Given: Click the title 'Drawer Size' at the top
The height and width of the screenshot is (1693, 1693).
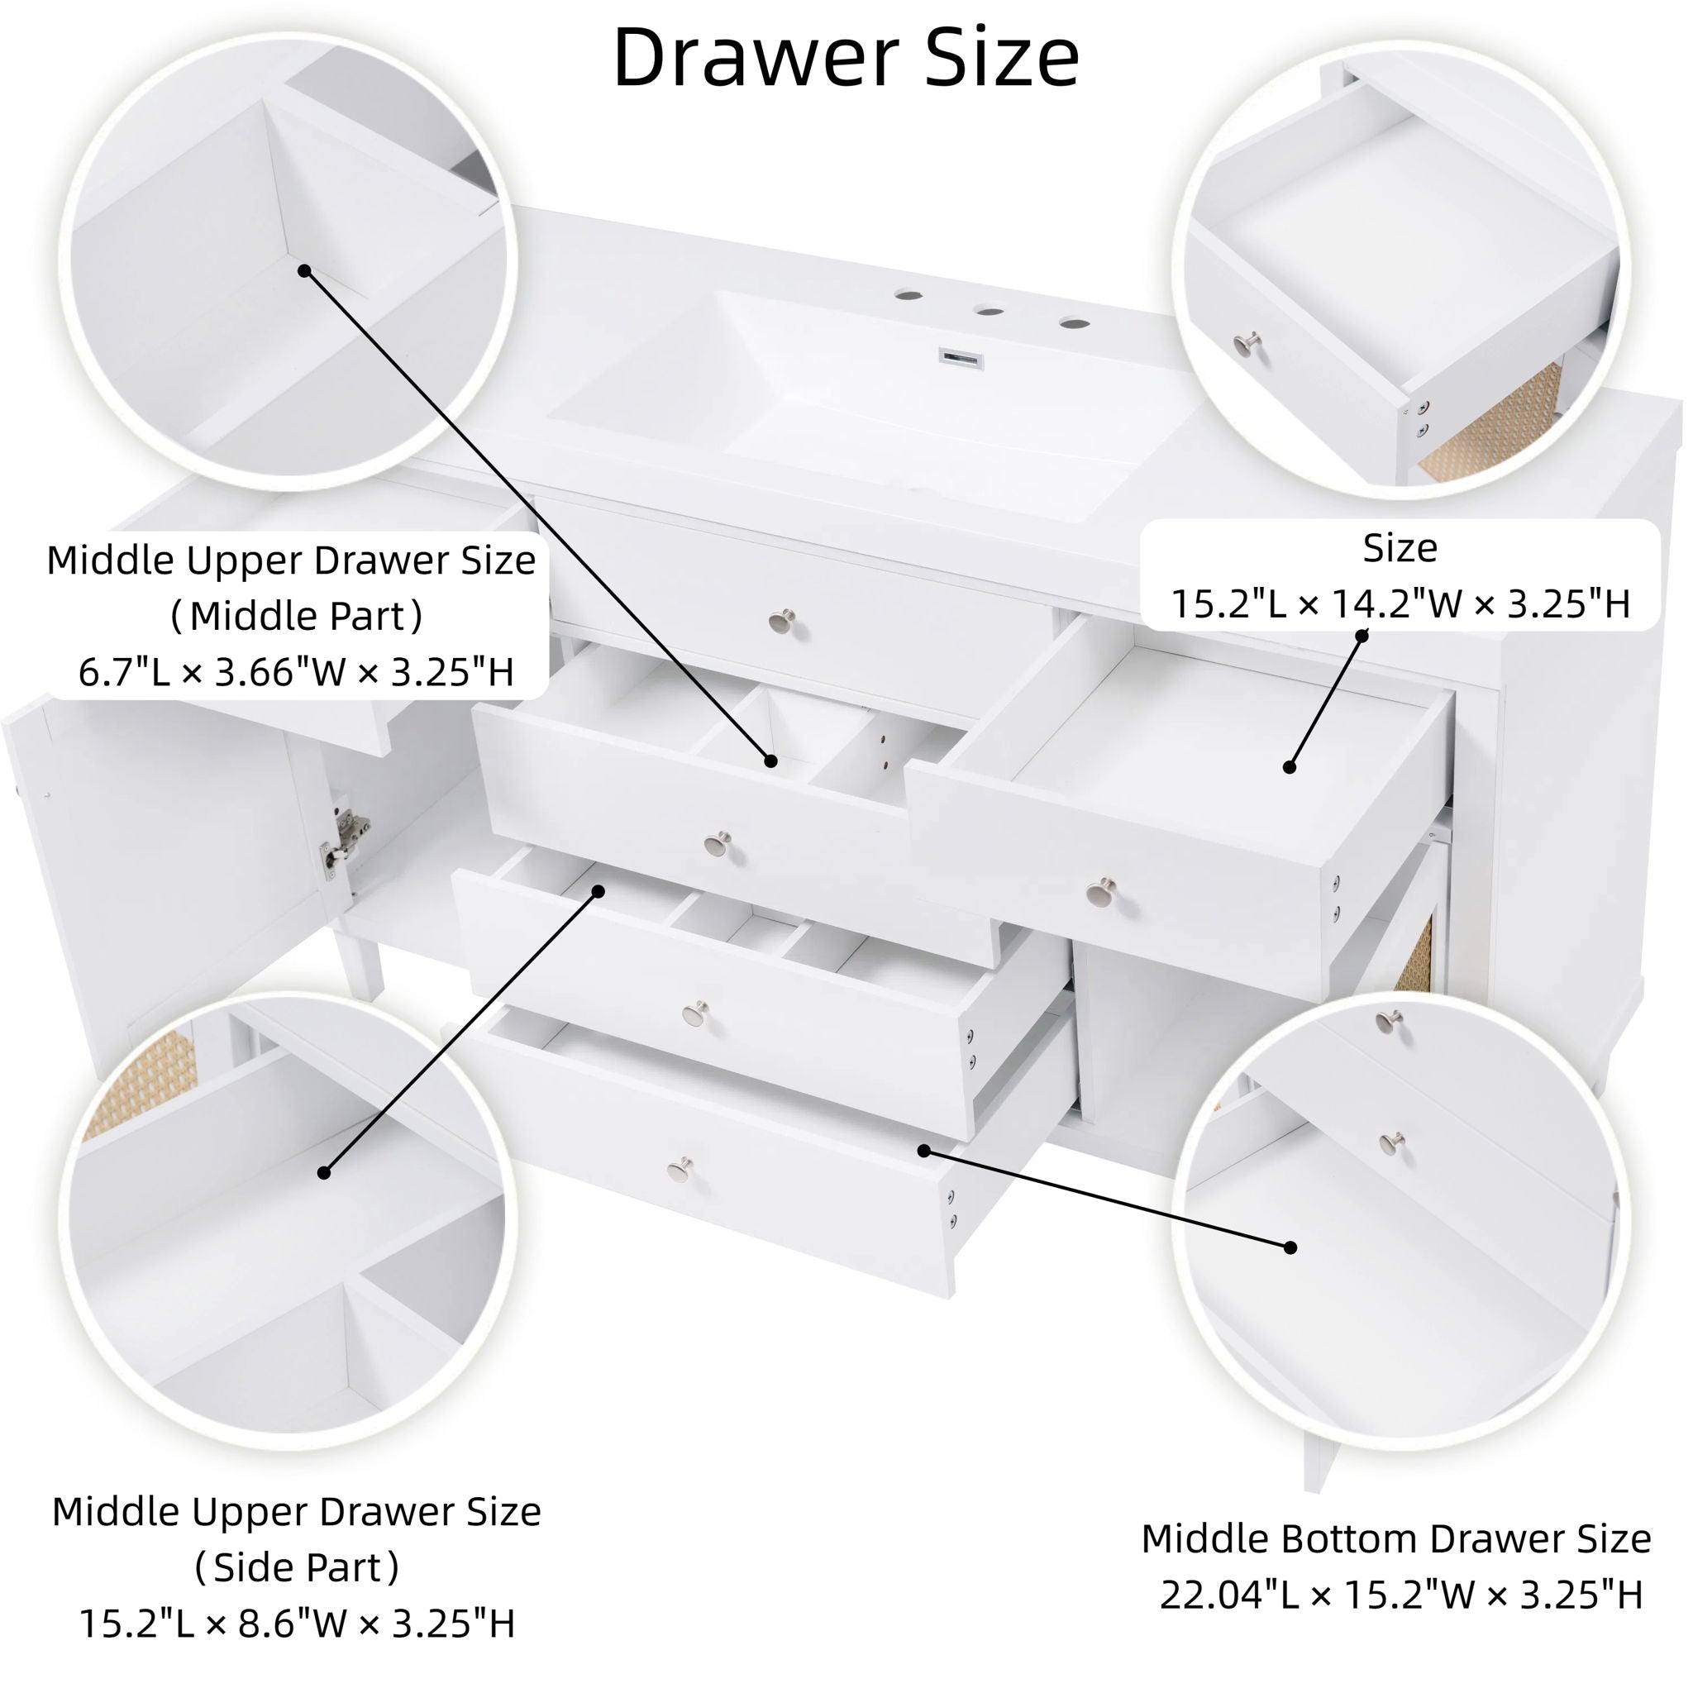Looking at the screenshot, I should click(x=846, y=57).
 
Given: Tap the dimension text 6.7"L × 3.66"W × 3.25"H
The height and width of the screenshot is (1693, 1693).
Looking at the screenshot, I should click(x=296, y=673).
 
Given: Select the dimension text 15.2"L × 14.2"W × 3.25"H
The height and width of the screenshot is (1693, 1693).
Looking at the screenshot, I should click(x=1400, y=603).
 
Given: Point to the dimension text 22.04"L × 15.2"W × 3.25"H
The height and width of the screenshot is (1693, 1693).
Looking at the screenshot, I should click(x=1400, y=1595).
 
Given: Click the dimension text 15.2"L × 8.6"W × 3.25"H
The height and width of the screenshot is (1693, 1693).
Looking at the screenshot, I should click(x=297, y=1623).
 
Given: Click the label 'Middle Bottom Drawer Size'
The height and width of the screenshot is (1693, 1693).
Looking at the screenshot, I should click(x=1396, y=1538).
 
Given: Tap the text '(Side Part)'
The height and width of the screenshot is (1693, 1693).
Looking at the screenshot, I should click(x=297, y=1567).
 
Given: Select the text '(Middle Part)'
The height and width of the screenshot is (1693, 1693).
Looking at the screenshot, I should click(x=297, y=617).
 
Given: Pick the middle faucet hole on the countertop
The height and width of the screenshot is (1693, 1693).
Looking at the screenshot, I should click(x=990, y=310).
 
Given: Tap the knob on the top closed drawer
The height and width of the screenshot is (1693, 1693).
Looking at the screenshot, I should click(x=780, y=622).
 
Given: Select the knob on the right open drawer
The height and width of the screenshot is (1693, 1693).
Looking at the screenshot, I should click(x=1098, y=894).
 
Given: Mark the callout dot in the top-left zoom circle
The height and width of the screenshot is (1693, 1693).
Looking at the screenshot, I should click(x=304, y=271).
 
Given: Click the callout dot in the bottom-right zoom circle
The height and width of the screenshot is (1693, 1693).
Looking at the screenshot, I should click(x=1290, y=1247).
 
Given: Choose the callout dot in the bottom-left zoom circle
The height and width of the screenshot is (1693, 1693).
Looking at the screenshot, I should click(x=323, y=1172).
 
